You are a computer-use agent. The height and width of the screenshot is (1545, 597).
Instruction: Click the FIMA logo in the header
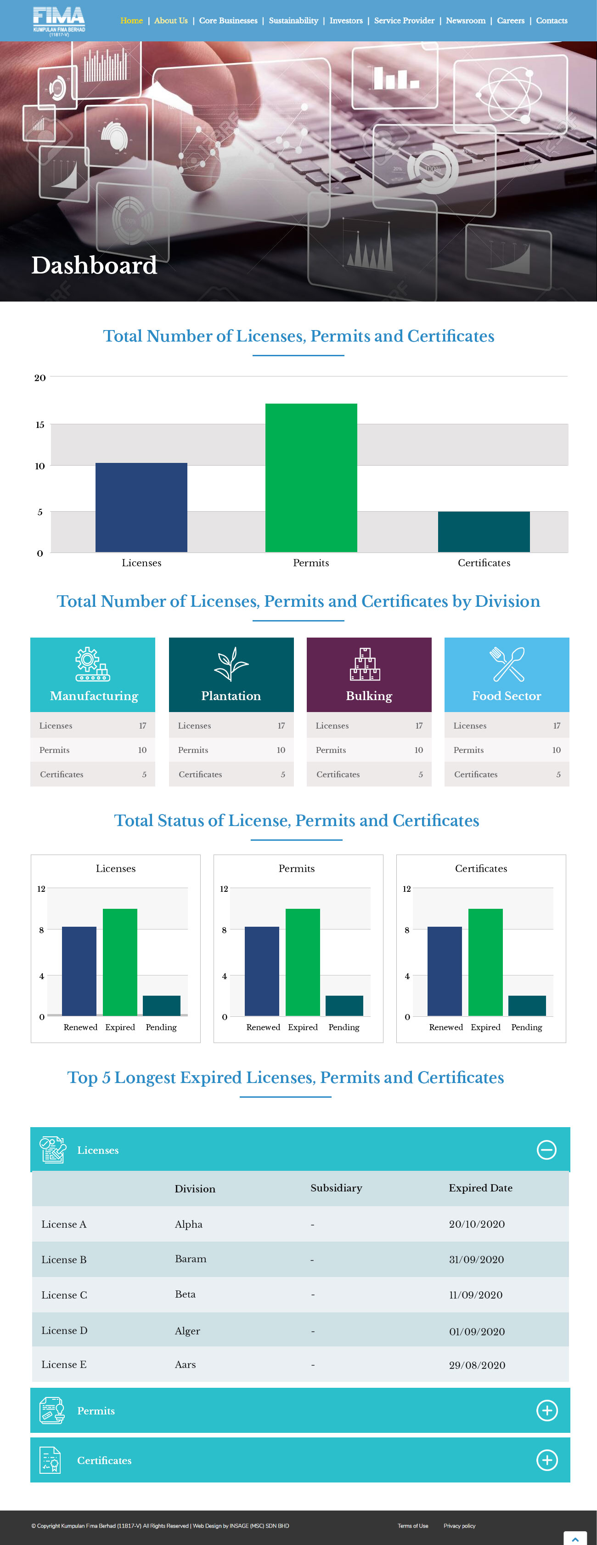click(59, 20)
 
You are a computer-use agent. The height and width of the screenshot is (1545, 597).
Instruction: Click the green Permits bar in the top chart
click(311, 478)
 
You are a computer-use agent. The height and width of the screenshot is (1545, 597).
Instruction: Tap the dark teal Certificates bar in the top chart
click(484, 531)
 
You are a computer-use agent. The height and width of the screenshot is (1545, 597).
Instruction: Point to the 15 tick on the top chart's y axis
click(39, 425)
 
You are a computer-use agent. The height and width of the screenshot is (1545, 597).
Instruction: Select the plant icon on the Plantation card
click(231, 663)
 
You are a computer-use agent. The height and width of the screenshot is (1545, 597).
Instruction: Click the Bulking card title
click(369, 696)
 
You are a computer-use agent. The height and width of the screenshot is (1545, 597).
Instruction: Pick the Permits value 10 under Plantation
click(281, 750)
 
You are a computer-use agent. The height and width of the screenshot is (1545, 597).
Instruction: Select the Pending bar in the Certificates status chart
click(527, 1005)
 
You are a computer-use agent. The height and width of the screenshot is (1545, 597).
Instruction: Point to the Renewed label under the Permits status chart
click(263, 1027)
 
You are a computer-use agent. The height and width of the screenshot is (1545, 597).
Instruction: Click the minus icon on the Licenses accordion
click(546, 1150)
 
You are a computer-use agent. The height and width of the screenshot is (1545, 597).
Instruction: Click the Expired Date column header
click(480, 1187)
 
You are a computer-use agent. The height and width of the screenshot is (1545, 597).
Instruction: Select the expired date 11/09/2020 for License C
click(476, 1295)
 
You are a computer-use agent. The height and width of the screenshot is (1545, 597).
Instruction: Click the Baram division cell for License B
click(191, 1259)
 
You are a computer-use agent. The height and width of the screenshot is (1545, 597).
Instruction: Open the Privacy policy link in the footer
click(459, 1526)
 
